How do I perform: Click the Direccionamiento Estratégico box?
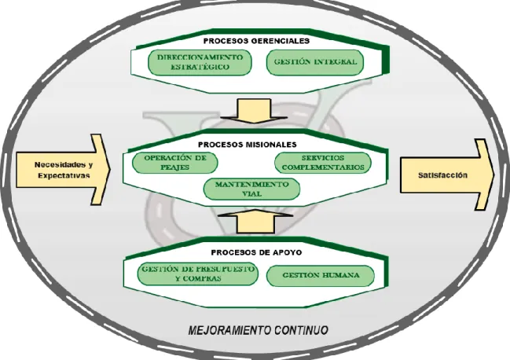click(200, 62)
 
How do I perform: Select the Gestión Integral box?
click(315, 62)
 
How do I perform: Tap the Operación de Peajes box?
click(175, 163)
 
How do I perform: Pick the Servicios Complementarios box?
click(323, 163)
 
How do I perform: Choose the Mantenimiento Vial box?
click(251, 189)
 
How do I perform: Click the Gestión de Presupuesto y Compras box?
click(198, 274)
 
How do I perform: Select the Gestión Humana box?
click(321, 275)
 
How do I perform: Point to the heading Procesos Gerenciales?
click(256, 41)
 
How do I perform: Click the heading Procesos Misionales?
click(248, 145)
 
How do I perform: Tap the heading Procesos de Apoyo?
click(256, 252)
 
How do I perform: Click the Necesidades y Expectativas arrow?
click(64, 170)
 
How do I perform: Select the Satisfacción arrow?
click(447, 174)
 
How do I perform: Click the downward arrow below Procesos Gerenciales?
click(254, 111)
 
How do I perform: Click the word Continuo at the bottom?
click(301, 330)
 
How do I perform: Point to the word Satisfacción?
click(442, 175)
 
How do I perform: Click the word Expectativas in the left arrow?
click(64, 175)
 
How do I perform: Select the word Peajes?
click(175, 167)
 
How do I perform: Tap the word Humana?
click(340, 275)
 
